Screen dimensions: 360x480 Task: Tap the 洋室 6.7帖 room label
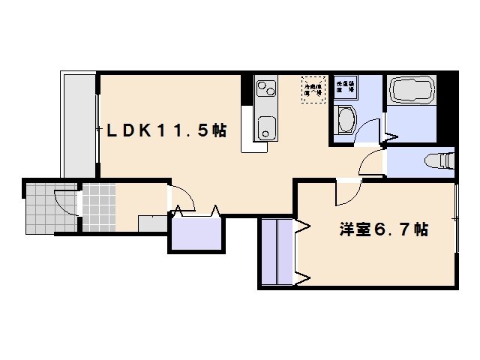(x=382, y=229)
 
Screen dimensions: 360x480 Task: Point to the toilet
(x=441, y=160)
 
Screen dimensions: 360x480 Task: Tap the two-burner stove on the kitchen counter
(x=266, y=89)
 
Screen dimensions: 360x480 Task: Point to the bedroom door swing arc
(x=346, y=193)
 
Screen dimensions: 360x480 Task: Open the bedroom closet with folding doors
(x=278, y=251)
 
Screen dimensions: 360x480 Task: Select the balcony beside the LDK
(x=78, y=124)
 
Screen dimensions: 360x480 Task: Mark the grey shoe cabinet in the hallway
(x=153, y=222)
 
